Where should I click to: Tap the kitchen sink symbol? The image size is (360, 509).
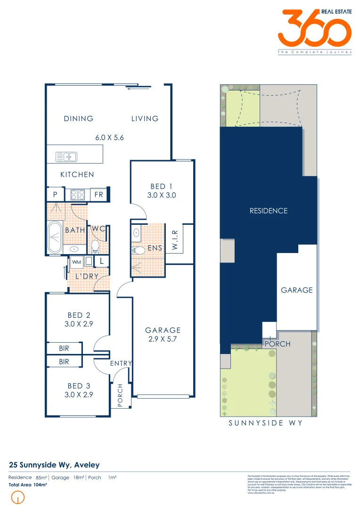[x=66, y=156]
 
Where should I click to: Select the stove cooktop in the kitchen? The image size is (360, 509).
[x=77, y=194]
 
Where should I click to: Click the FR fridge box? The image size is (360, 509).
[x=99, y=194]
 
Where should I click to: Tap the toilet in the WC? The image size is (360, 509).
[x=96, y=246]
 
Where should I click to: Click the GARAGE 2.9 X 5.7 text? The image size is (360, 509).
[x=163, y=334]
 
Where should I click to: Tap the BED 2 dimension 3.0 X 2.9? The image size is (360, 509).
[x=79, y=324]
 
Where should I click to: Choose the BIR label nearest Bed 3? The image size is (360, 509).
[x=64, y=361]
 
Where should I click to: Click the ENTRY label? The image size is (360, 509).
[x=121, y=363]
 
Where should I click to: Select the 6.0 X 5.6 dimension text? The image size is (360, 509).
[x=109, y=138]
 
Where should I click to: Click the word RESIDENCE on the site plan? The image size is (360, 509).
[x=268, y=211]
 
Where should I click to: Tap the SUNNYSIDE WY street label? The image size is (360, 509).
[x=265, y=423]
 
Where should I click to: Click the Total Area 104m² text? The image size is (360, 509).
[x=28, y=484]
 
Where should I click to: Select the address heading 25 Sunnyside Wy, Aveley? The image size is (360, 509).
[x=54, y=465]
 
